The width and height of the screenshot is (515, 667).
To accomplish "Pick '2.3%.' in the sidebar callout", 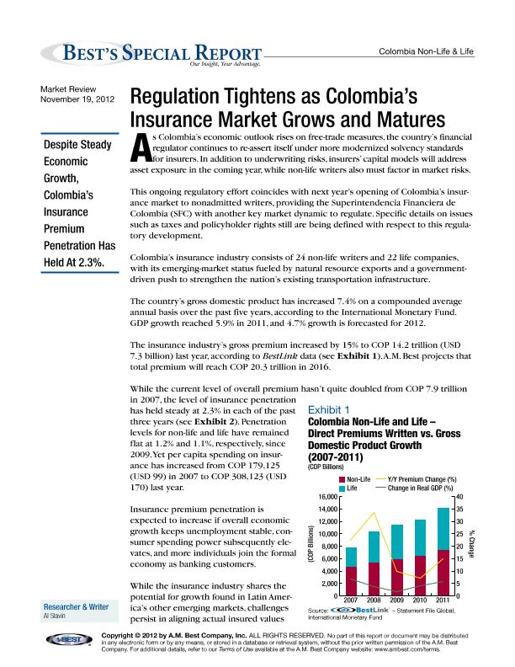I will point(85,263).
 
